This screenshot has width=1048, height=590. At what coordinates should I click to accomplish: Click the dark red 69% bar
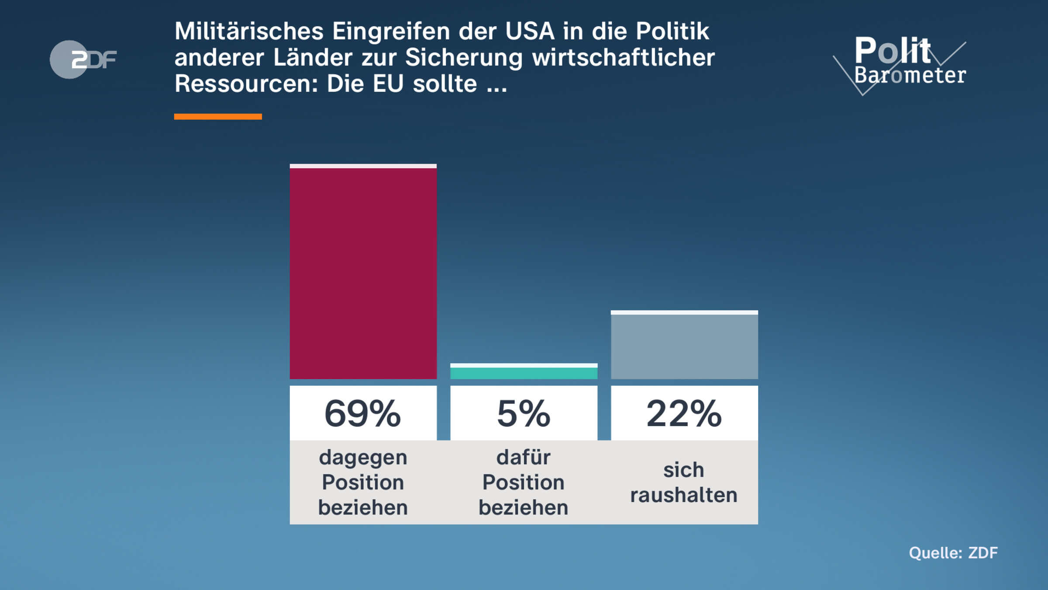coord(363,273)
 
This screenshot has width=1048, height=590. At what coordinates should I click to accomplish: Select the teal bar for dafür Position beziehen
coord(524,372)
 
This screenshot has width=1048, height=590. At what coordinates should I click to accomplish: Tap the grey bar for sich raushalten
coord(684,346)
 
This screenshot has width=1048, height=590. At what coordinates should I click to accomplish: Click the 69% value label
coord(363,413)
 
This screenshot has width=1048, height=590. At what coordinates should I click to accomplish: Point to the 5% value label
coord(524,413)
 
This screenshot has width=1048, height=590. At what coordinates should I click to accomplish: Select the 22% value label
coord(684,413)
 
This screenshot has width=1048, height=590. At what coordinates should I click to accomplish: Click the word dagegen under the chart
coord(363,458)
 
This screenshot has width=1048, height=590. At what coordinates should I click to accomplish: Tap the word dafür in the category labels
coord(524,457)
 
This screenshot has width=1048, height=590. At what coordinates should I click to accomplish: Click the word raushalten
coord(684,495)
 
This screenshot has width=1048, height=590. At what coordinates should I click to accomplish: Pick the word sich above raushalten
coord(684,470)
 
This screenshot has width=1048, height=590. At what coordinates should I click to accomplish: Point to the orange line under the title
coord(218,116)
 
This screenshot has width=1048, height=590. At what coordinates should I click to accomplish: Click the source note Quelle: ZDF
coord(953,553)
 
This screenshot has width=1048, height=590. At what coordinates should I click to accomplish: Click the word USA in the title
coord(530,31)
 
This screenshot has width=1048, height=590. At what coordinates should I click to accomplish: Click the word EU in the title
coord(388,83)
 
